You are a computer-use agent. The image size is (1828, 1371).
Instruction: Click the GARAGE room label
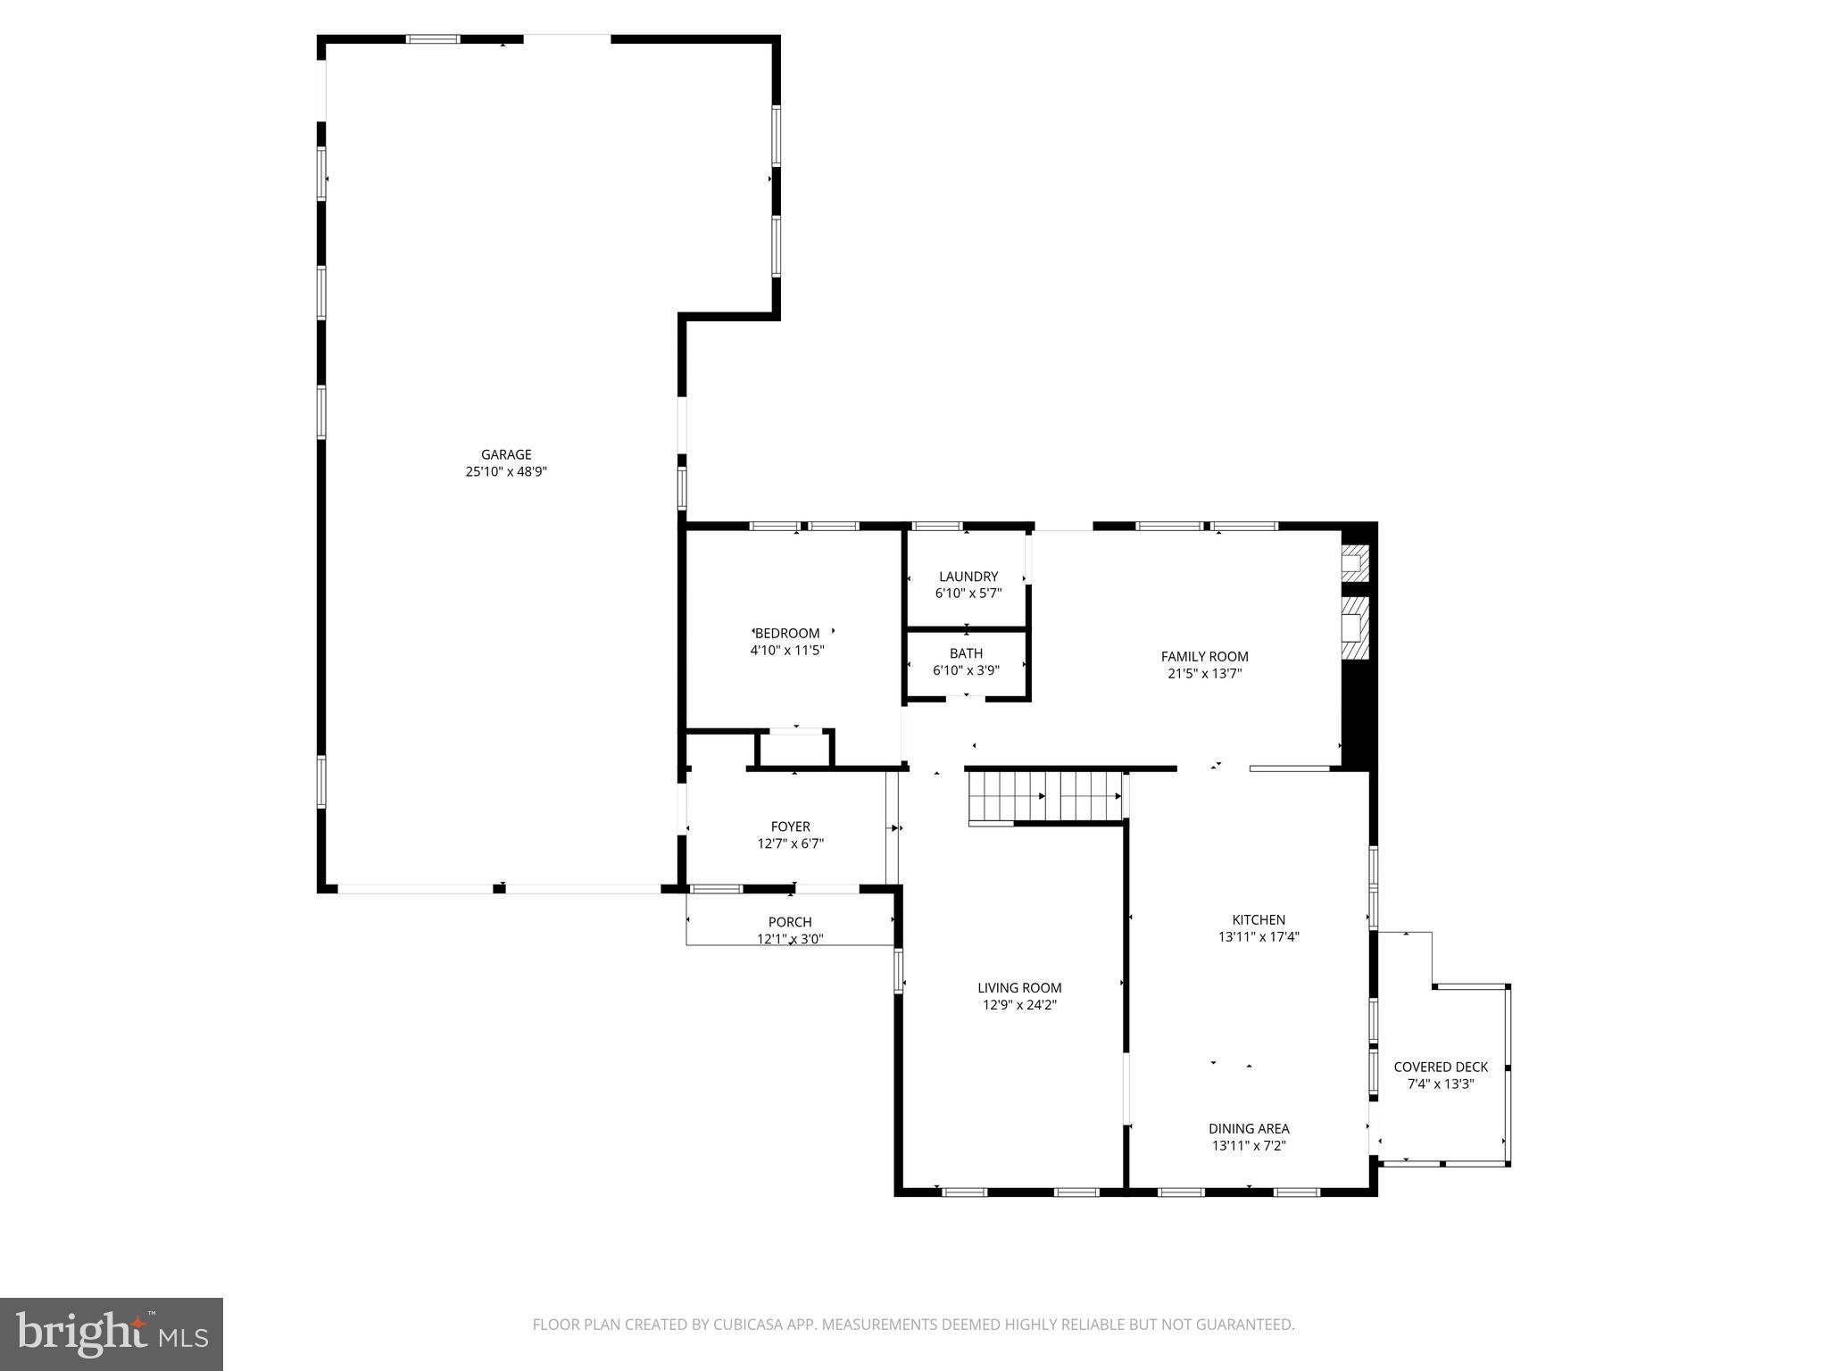506,454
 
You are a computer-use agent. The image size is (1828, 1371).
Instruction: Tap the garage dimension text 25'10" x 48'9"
506,472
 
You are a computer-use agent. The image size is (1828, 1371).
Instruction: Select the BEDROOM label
787,634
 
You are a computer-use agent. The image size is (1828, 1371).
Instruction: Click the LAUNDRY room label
968,577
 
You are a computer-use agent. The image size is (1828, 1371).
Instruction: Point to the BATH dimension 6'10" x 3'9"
966,670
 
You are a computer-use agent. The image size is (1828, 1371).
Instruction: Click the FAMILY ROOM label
1204,657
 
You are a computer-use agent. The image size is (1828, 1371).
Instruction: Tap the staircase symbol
1045,796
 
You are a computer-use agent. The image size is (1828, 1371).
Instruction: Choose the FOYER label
791,827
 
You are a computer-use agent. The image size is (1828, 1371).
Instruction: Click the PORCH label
790,922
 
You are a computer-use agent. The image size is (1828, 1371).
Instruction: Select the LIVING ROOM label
1019,988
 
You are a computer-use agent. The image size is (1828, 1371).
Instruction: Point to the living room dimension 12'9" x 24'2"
1019,1005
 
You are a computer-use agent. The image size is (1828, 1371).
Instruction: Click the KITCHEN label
1259,920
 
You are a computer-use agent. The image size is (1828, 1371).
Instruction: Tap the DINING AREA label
1249,1129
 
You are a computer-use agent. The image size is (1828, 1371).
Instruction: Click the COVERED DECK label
1441,1067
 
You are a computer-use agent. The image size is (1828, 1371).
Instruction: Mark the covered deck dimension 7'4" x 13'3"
1441,1084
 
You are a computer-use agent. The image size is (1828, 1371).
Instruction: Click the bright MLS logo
112,1334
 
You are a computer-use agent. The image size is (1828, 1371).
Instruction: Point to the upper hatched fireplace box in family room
1354,562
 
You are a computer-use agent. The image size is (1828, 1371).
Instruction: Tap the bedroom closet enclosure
795,749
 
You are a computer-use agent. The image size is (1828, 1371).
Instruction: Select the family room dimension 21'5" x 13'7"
1204,674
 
